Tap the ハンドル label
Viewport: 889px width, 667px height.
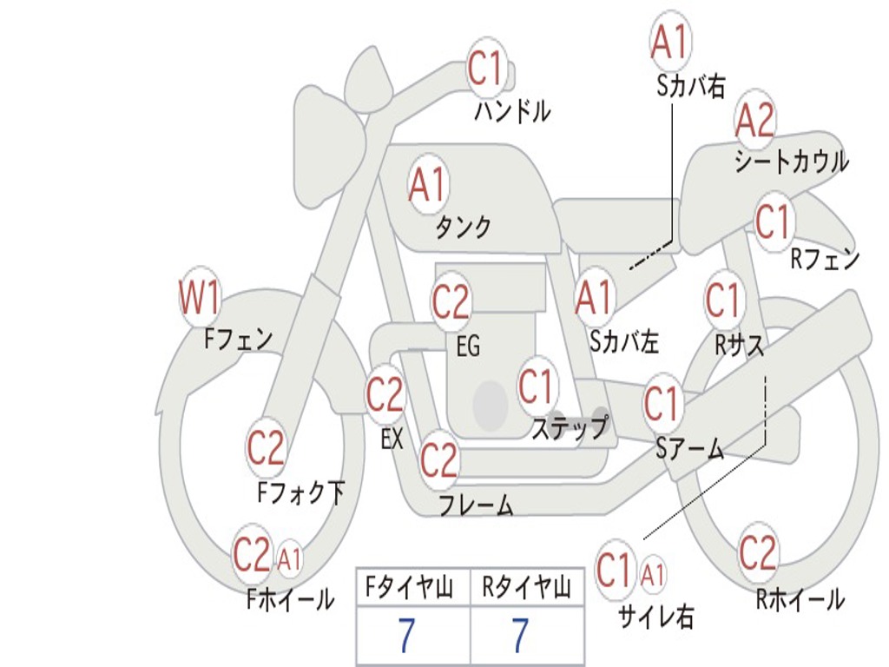pyautogui.click(x=512, y=111)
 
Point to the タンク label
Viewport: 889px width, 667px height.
pyautogui.click(x=464, y=228)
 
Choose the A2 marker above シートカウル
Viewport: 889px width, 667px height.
pyautogui.click(x=754, y=120)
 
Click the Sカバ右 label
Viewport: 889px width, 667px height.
pyautogui.click(x=691, y=86)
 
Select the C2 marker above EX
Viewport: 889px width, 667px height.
pyautogui.click(x=385, y=394)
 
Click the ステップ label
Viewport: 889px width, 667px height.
pyautogui.click(x=570, y=427)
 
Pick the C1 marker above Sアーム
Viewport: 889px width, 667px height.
pyautogui.click(x=662, y=403)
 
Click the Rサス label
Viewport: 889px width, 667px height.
pyautogui.click(x=740, y=345)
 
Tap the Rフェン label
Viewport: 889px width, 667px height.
pyautogui.click(x=825, y=259)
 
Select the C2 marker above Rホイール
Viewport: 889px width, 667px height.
pyautogui.click(x=757, y=553)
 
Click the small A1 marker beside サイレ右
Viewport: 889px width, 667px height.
pyautogui.click(x=653, y=574)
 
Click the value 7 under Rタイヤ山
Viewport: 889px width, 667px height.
pyautogui.click(x=521, y=635)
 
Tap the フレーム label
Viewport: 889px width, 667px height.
pyautogui.click(x=477, y=505)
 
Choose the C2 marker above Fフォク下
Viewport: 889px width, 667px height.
pyautogui.click(x=266, y=447)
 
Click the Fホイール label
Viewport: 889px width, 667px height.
pyautogui.click(x=290, y=599)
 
